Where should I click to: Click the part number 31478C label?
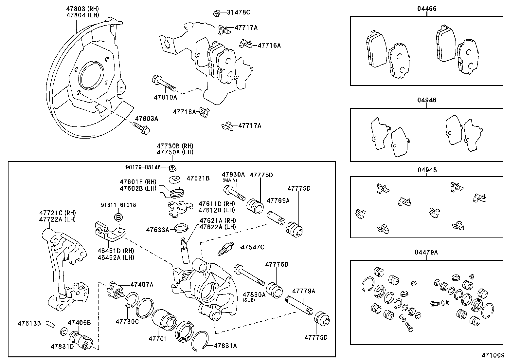point(238,13)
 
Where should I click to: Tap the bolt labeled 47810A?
point(164,83)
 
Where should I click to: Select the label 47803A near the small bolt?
point(146,119)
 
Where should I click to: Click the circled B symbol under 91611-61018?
point(118,217)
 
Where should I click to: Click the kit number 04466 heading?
point(426,9)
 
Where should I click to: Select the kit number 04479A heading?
point(426,252)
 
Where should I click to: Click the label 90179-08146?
point(143,167)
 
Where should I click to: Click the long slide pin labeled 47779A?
point(298,304)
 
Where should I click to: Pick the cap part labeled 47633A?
point(181,228)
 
